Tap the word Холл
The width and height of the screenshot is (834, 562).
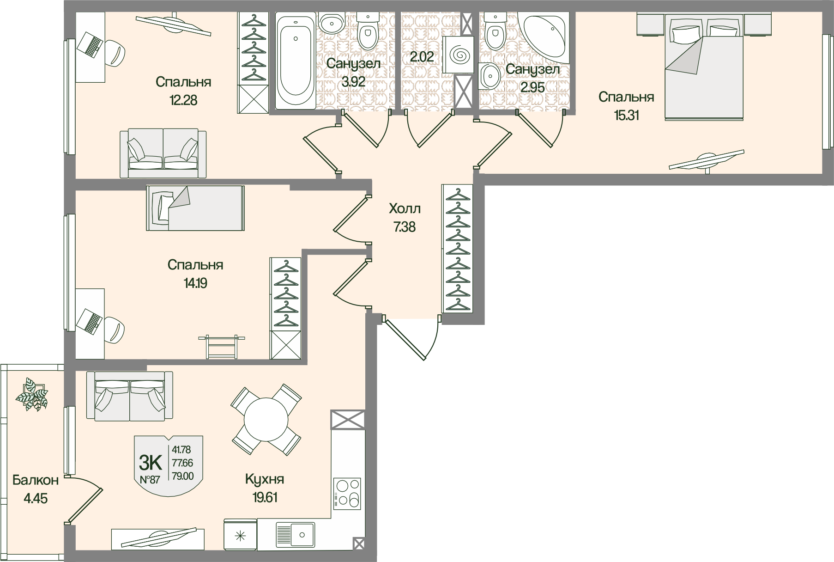pyautogui.click(x=405, y=209)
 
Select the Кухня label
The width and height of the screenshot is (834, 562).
pyautogui.click(x=265, y=480)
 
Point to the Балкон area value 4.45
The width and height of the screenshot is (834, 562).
pyautogui.click(x=35, y=499)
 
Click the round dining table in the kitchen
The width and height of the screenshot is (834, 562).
pyautogui.click(x=266, y=419)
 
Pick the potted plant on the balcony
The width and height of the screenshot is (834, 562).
pyautogui.click(x=31, y=394)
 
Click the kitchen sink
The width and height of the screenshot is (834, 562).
pyautogui.click(x=296, y=535)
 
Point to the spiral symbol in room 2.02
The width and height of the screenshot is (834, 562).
pyautogui.click(x=459, y=55)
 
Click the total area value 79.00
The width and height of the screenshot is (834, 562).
pyautogui.click(x=183, y=476)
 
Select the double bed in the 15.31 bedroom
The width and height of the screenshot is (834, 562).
pyautogui.click(x=704, y=66)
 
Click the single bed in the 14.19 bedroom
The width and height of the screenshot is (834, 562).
pyautogui.click(x=195, y=208)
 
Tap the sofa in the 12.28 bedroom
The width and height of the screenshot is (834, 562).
pyautogui.click(x=163, y=154)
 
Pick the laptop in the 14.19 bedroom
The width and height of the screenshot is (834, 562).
pyautogui.click(x=90, y=320)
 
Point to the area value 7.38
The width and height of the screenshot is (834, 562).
pyautogui.click(x=405, y=227)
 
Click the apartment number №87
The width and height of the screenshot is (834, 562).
pyautogui.click(x=150, y=479)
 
